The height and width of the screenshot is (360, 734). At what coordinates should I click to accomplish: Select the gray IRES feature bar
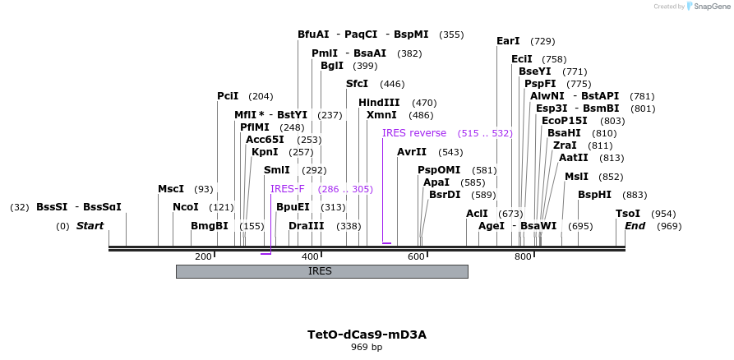point(321,271)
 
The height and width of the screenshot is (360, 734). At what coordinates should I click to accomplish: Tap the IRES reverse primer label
point(414,133)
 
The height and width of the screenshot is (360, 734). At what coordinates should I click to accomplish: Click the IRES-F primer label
point(287,189)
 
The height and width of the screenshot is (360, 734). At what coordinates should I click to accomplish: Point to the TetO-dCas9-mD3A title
point(367,335)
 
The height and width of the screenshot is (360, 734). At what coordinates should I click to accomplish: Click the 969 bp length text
point(367,347)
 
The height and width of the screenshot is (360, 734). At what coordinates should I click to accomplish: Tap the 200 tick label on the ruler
point(203,257)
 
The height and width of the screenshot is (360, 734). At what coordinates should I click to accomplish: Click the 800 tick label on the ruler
point(523,257)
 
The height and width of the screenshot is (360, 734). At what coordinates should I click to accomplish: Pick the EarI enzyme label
point(508,41)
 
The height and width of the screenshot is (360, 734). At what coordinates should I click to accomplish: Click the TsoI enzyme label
point(628,213)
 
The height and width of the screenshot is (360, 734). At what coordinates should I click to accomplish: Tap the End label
point(635,226)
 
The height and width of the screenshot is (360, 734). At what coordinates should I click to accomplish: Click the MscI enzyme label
point(171,189)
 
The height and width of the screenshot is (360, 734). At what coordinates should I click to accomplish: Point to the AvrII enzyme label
point(412,152)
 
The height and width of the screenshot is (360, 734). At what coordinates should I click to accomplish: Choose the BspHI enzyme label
point(594,195)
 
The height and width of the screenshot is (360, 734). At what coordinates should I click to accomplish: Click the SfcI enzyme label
point(358,84)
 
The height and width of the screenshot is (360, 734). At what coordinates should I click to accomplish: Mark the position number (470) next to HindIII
point(424,103)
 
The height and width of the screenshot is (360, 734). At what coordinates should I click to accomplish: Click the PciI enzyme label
point(228,96)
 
